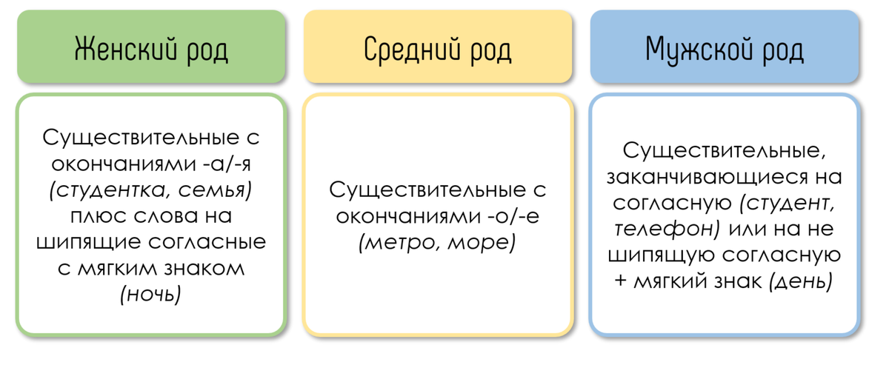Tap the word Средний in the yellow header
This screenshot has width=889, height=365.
(407, 50)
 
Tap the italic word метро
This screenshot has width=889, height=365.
(399, 242)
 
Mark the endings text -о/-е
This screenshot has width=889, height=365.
(499, 216)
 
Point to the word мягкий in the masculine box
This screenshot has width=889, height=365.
(671, 281)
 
